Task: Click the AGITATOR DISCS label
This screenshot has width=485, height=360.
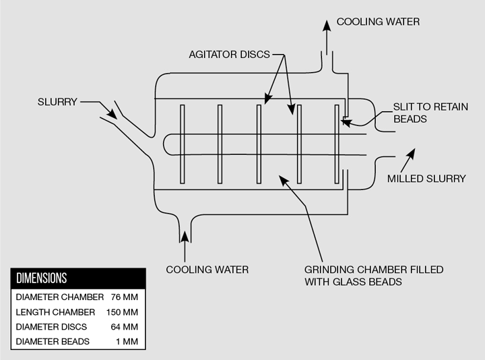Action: [229, 55]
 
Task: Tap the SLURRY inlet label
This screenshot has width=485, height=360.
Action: [57, 102]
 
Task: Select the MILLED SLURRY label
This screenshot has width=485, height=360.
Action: [426, 179]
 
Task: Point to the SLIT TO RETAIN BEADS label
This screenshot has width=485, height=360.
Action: [430, 113]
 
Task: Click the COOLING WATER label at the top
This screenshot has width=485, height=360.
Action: [378, 22]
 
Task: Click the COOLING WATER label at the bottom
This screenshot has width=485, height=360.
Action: [207, 270]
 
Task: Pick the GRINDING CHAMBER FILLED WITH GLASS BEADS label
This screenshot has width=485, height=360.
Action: [374, 276]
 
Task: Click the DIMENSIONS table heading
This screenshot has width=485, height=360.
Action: [42, 278]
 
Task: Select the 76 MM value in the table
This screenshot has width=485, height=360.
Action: [125, 297]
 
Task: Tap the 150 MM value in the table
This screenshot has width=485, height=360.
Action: [122, 312]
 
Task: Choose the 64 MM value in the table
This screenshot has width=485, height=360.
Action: [125, 327]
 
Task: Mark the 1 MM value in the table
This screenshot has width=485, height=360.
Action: [127, 342]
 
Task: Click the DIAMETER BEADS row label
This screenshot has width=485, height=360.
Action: [53, 342]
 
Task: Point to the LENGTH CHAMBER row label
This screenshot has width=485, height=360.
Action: [55, 312]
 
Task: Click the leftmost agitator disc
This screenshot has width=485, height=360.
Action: [183, 144]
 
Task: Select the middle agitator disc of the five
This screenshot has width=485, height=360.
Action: [259, 144]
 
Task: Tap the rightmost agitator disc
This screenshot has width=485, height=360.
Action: [337, 144]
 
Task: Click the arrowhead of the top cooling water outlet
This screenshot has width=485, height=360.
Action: [327, 26]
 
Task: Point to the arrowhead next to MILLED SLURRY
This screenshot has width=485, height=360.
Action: [412, 153]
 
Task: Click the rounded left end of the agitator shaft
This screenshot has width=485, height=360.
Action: [164, 144]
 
